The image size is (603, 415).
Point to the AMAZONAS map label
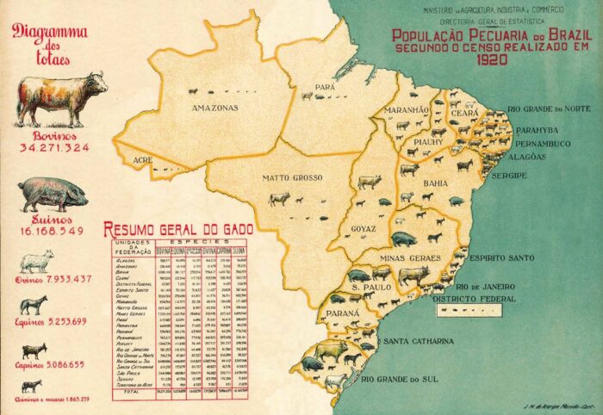point(214,108)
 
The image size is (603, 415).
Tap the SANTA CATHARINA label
point(423,342)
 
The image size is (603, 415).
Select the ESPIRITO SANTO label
point(502,257)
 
